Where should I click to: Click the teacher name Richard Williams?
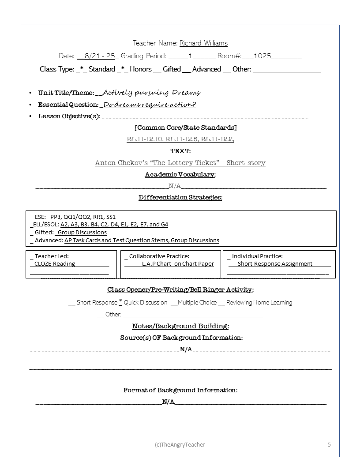pos(203,43)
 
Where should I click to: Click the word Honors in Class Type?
pos(141,69)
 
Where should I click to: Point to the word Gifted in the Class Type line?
pos(172,69)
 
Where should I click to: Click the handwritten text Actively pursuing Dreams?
pos(151,93)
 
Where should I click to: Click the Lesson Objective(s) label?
pos(69,116)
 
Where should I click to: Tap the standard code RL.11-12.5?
pos(181,139)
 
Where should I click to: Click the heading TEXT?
pos(180,151)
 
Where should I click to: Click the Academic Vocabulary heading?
pos(180,175)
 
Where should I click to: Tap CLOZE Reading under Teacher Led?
pos(55,264)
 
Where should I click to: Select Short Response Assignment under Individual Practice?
pos(275,264)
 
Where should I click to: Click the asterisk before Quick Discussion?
pos(120,302)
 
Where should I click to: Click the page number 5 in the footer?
pos(329,444)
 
